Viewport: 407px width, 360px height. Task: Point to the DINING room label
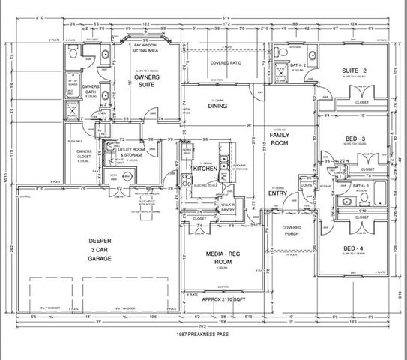pyautogui.click(x=217, y=106)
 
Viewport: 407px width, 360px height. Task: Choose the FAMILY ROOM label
pyautogui.click(x=280, y=139)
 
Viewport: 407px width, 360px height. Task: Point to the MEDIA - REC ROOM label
pyautogui.click(x=222, y=259)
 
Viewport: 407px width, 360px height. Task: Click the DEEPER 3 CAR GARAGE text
pyautogui.click(x=100, y=250)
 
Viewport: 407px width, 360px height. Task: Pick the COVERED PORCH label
pyautogui.click(x=292, y=230)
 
